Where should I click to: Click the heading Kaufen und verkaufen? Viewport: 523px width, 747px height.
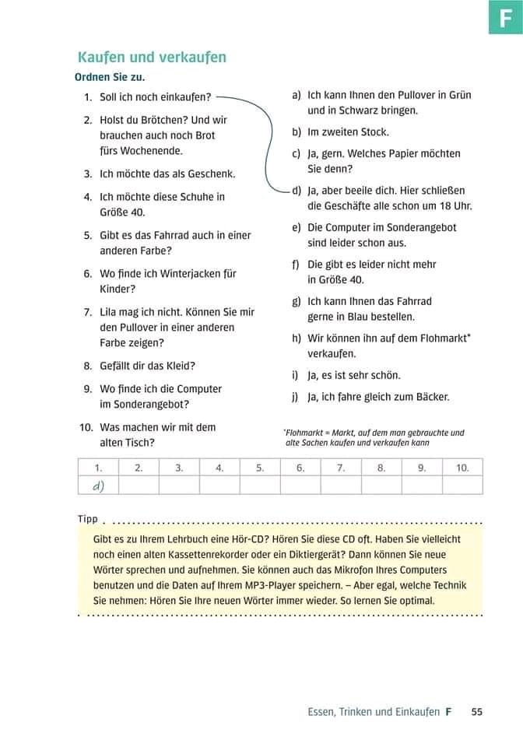[152, 57]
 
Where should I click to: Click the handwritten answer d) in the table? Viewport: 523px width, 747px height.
[99, 486]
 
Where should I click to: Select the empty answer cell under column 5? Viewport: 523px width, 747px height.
[260, 486]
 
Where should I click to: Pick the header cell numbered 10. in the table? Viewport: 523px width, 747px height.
[462, 468]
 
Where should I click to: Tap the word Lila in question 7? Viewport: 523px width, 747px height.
[110, 312]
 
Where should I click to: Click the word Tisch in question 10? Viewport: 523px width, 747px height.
[141, 443]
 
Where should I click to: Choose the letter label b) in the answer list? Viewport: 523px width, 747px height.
[297, 132]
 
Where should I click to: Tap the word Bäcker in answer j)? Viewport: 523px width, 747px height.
[432, 397]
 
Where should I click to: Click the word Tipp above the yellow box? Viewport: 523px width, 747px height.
[88, 519]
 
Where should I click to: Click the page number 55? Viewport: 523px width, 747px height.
[477, 711]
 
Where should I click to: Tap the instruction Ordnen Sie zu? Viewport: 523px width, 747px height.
[110, 77]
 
